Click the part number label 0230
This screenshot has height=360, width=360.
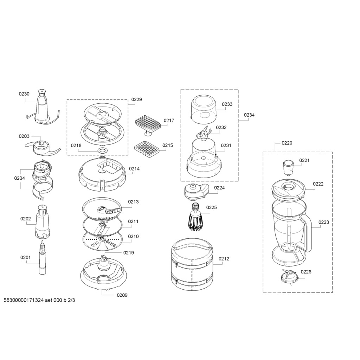pos(24,94)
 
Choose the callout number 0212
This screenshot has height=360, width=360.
pos(224,259)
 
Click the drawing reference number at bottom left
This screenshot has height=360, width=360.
pos(39,300)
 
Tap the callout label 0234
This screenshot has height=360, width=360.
pos(249,115)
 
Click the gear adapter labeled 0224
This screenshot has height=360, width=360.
pos(197,191)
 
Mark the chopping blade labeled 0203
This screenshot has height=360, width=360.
pos(42,148)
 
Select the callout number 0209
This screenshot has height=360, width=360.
pos(122,295)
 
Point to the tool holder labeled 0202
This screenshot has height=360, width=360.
pos(42,221)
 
